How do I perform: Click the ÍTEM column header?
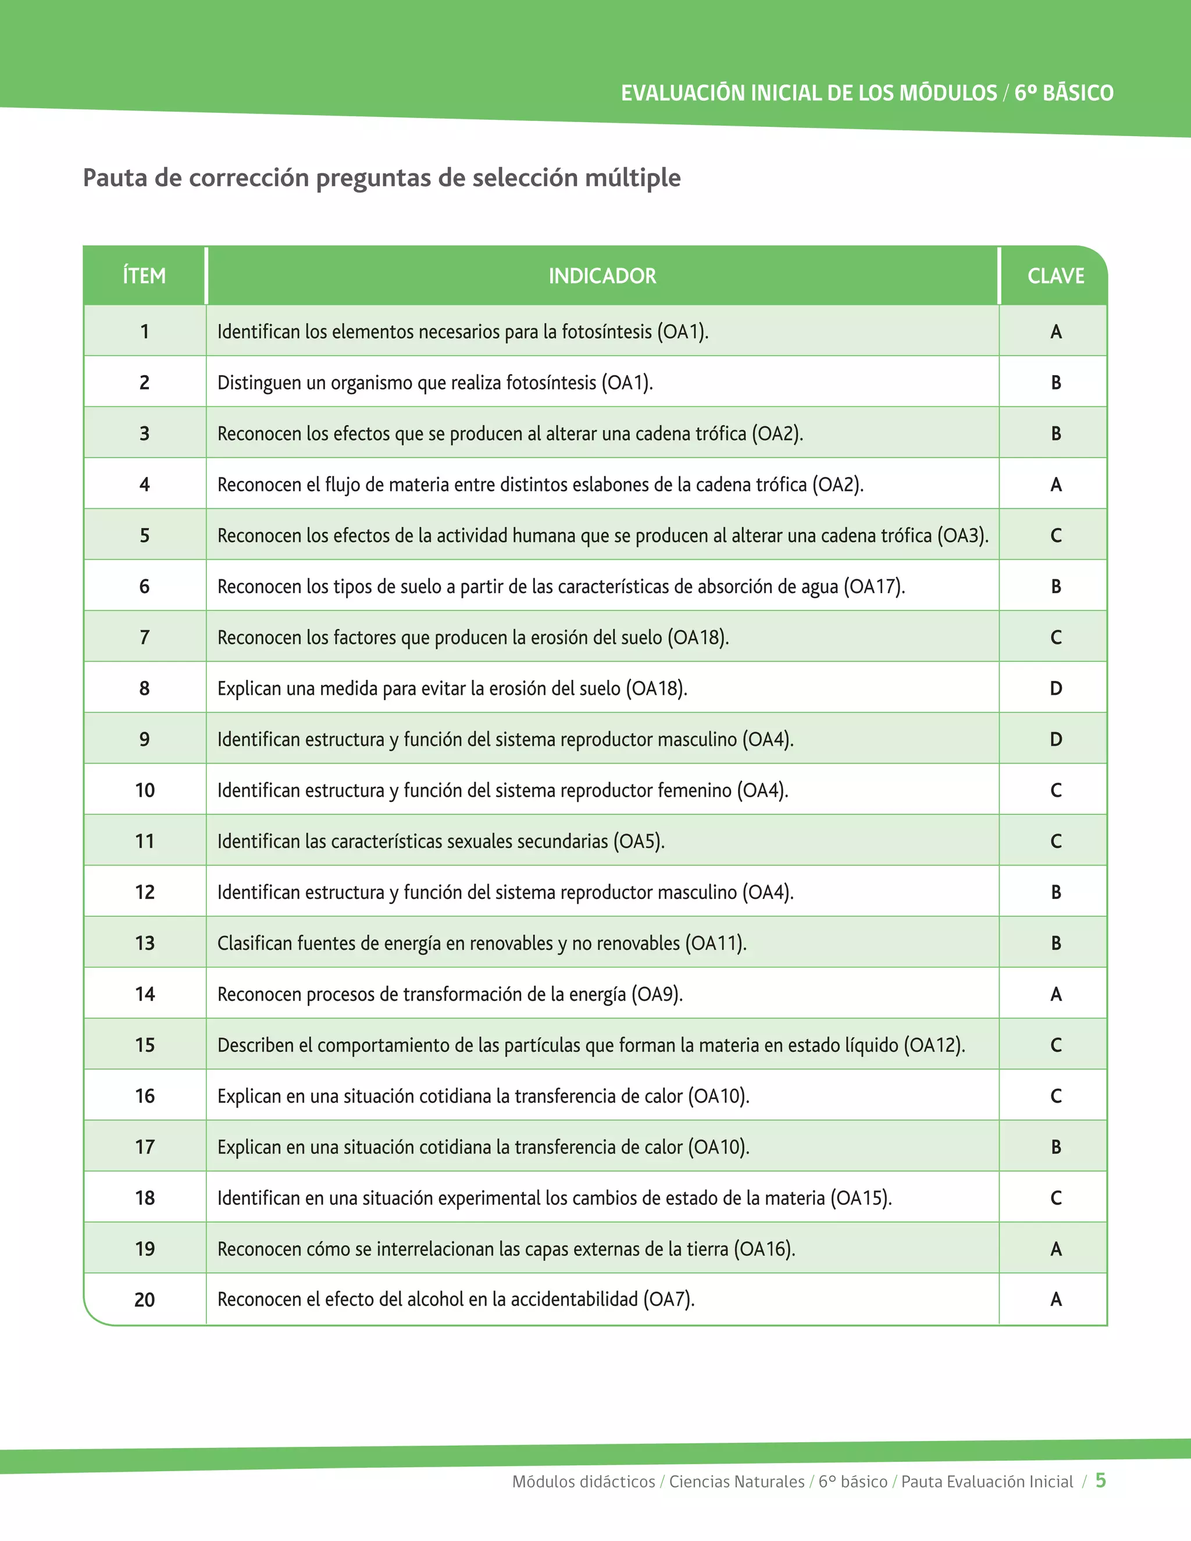click(x=144, y=275)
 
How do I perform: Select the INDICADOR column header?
click(x=602, y=275)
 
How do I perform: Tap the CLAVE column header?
click(x=1055, y=275)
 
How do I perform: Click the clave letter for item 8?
click(x=1056, y=688)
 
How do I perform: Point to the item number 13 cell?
click(x=145, y=943)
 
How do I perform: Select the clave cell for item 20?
click(x=1056, y=1299)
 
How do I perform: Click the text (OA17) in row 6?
click(x=873, y=586)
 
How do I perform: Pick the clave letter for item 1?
click(x=1056, y=331)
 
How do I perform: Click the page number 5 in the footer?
click(x=1100, y=1481)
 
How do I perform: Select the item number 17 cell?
click(x=145, y=1147)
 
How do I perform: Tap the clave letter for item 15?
click(x=1056, y=1045)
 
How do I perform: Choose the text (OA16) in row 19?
click(x=764, y=1249)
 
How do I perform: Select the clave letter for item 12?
click(x=1056, y=892)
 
